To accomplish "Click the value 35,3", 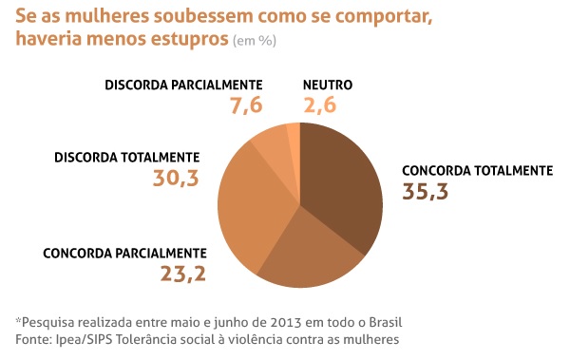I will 426,191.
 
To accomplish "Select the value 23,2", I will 183,275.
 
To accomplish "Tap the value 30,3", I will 176,177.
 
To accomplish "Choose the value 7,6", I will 246,105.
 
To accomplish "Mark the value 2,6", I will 321,105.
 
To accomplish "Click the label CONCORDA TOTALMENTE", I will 477,171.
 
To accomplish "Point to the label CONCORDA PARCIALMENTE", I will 124,254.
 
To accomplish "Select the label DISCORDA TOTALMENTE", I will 127,157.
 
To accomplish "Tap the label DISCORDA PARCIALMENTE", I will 183,85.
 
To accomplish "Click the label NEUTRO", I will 327,85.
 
